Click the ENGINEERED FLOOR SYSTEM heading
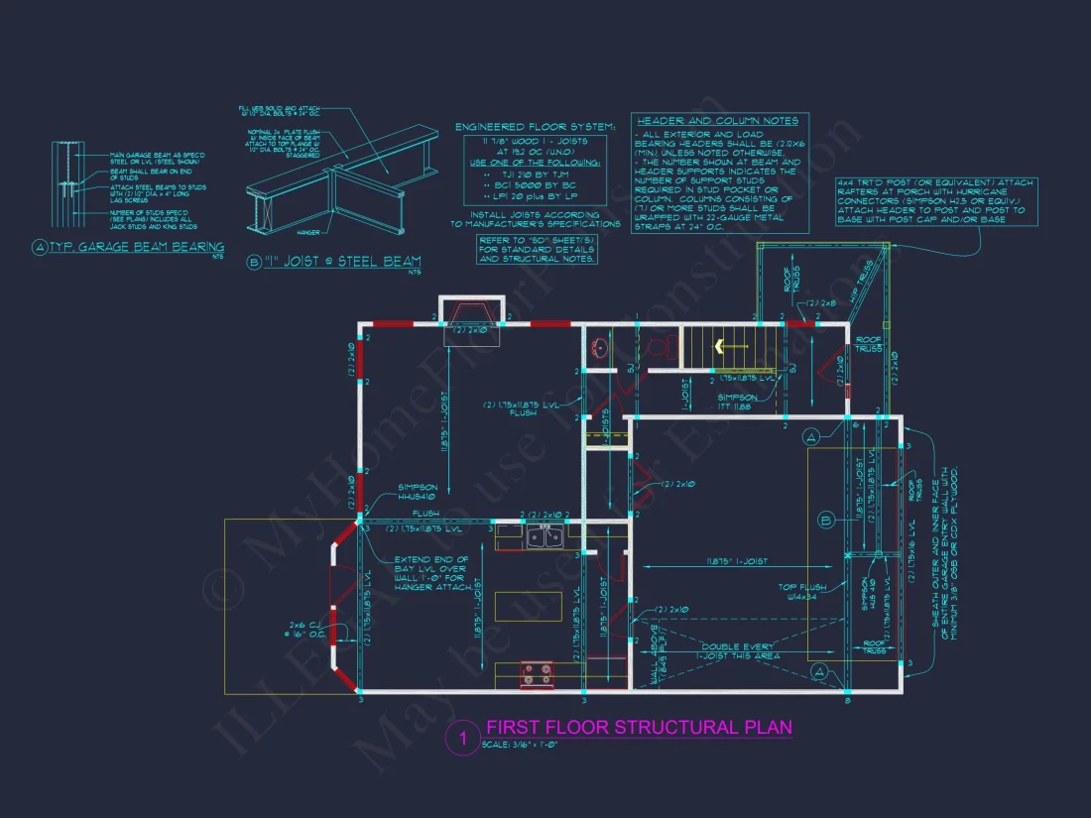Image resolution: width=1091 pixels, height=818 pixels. pos(535,128)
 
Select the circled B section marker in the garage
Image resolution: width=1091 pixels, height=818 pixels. pos(825,520)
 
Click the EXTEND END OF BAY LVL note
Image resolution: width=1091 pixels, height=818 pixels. pos(432,574)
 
